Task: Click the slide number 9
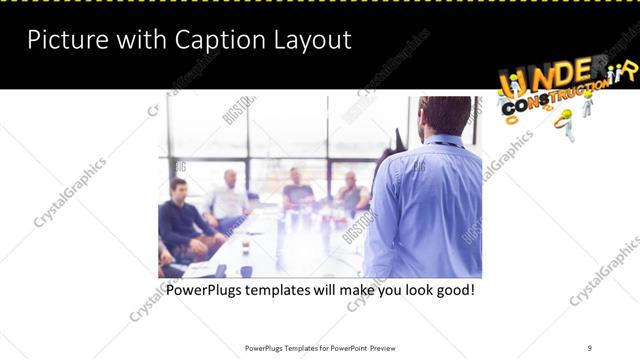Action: coord(590,347)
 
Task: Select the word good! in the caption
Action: coord(451,291)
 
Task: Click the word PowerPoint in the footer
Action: coord(347,348)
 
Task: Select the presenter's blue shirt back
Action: coord(430,210)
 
